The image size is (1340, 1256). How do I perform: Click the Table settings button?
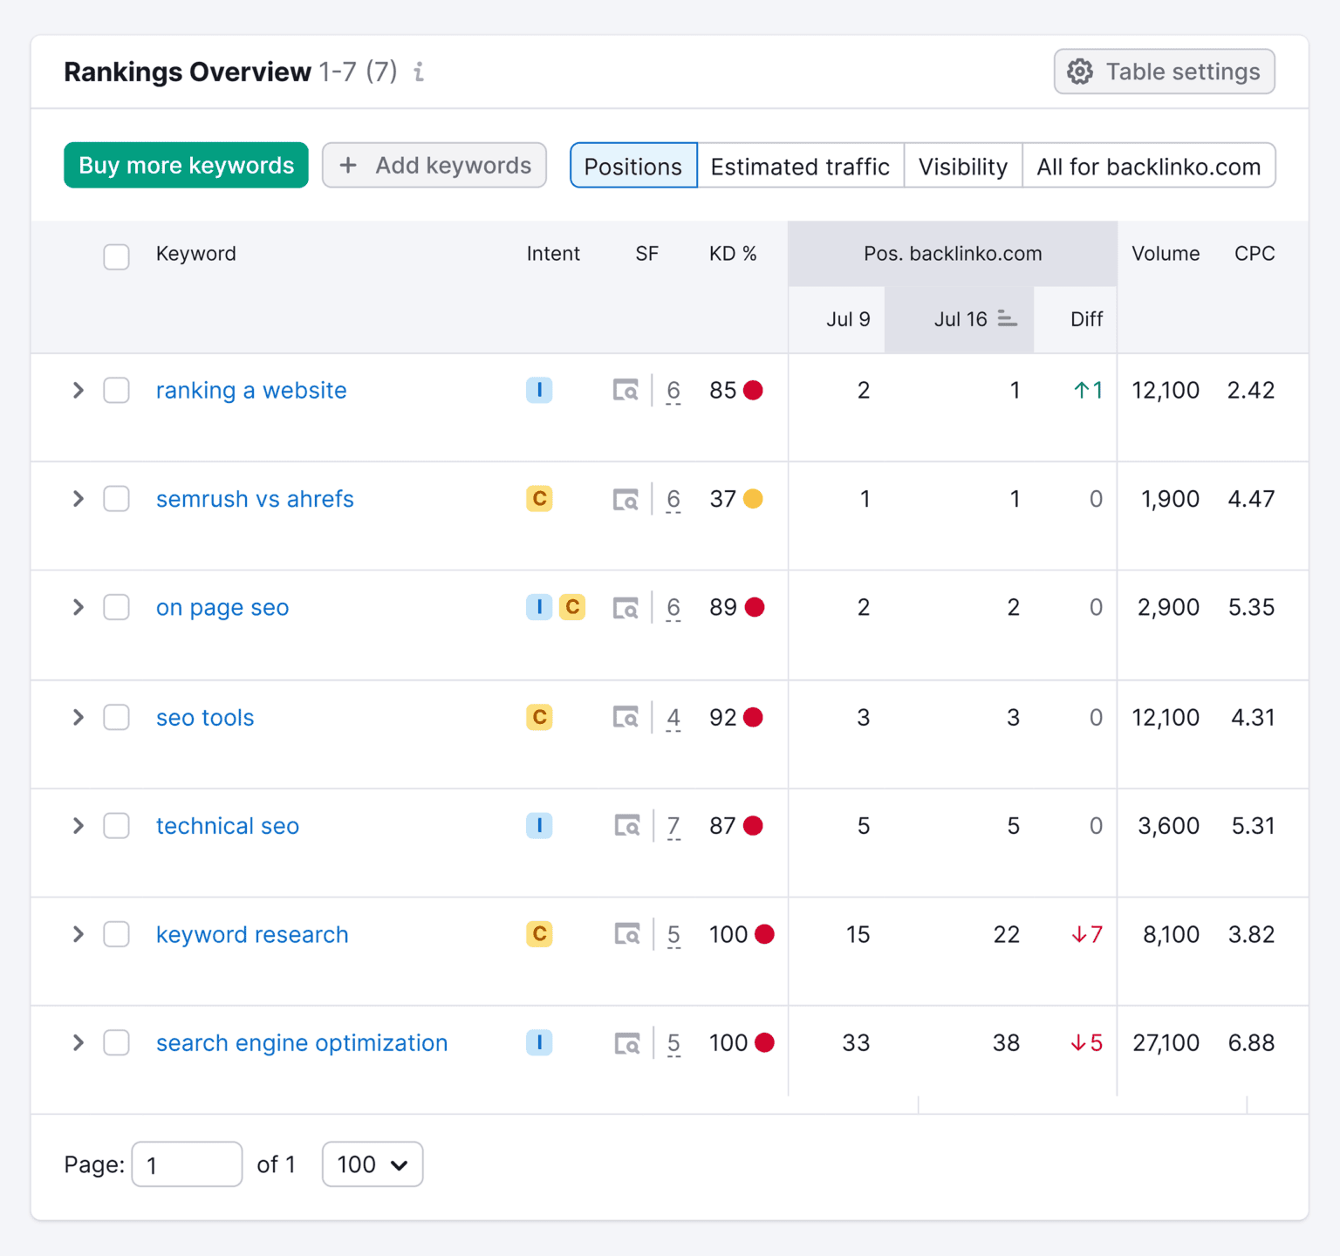(1164, 72)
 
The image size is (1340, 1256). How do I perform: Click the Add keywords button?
(434, 166)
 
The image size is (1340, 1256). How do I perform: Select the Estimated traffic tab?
(800, 166)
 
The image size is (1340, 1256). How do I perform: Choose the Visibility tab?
(962, 166)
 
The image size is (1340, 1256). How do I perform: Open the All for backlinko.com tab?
(1148, 166)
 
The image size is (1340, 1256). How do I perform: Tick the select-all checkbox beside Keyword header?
(117, 256)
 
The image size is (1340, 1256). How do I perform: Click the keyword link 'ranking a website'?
(251, 391)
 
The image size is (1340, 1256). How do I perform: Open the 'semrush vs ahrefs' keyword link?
(255, 499)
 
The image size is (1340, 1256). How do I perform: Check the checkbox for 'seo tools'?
(117, 717)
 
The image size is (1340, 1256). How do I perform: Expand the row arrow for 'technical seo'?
(79, 825)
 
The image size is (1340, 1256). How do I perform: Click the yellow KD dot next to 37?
(753, 499)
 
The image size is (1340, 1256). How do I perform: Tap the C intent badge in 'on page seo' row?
(572, 607)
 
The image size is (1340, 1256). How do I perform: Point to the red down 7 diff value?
(1087, 934)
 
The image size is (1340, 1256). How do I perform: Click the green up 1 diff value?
(1088, 391)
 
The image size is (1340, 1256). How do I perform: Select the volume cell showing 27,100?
(1166, 1042)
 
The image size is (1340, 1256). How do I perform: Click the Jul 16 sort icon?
(1007, 319)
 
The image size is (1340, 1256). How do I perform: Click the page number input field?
(187, 1164)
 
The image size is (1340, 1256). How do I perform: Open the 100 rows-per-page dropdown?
(373, 1164)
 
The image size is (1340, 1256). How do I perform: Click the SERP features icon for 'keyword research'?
(626, 934)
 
